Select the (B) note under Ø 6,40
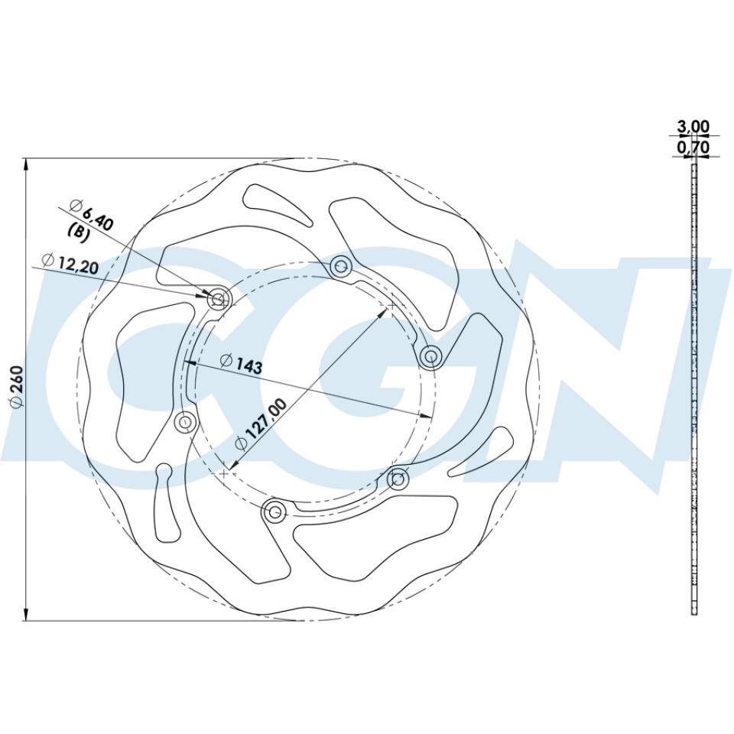(x=79, y=232)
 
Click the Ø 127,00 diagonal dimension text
(x=261, y=424)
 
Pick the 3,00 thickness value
(x=693, y=126)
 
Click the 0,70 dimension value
(x=693, y=147)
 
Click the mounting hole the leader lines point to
(x=219, y=299)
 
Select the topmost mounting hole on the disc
(x=341, y=268)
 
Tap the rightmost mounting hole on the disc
(x=430, y=356)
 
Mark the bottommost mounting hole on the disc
(x=275, y=512)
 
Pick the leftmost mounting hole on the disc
(x=185, y=422)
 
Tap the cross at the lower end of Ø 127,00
(x=223, y=474)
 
